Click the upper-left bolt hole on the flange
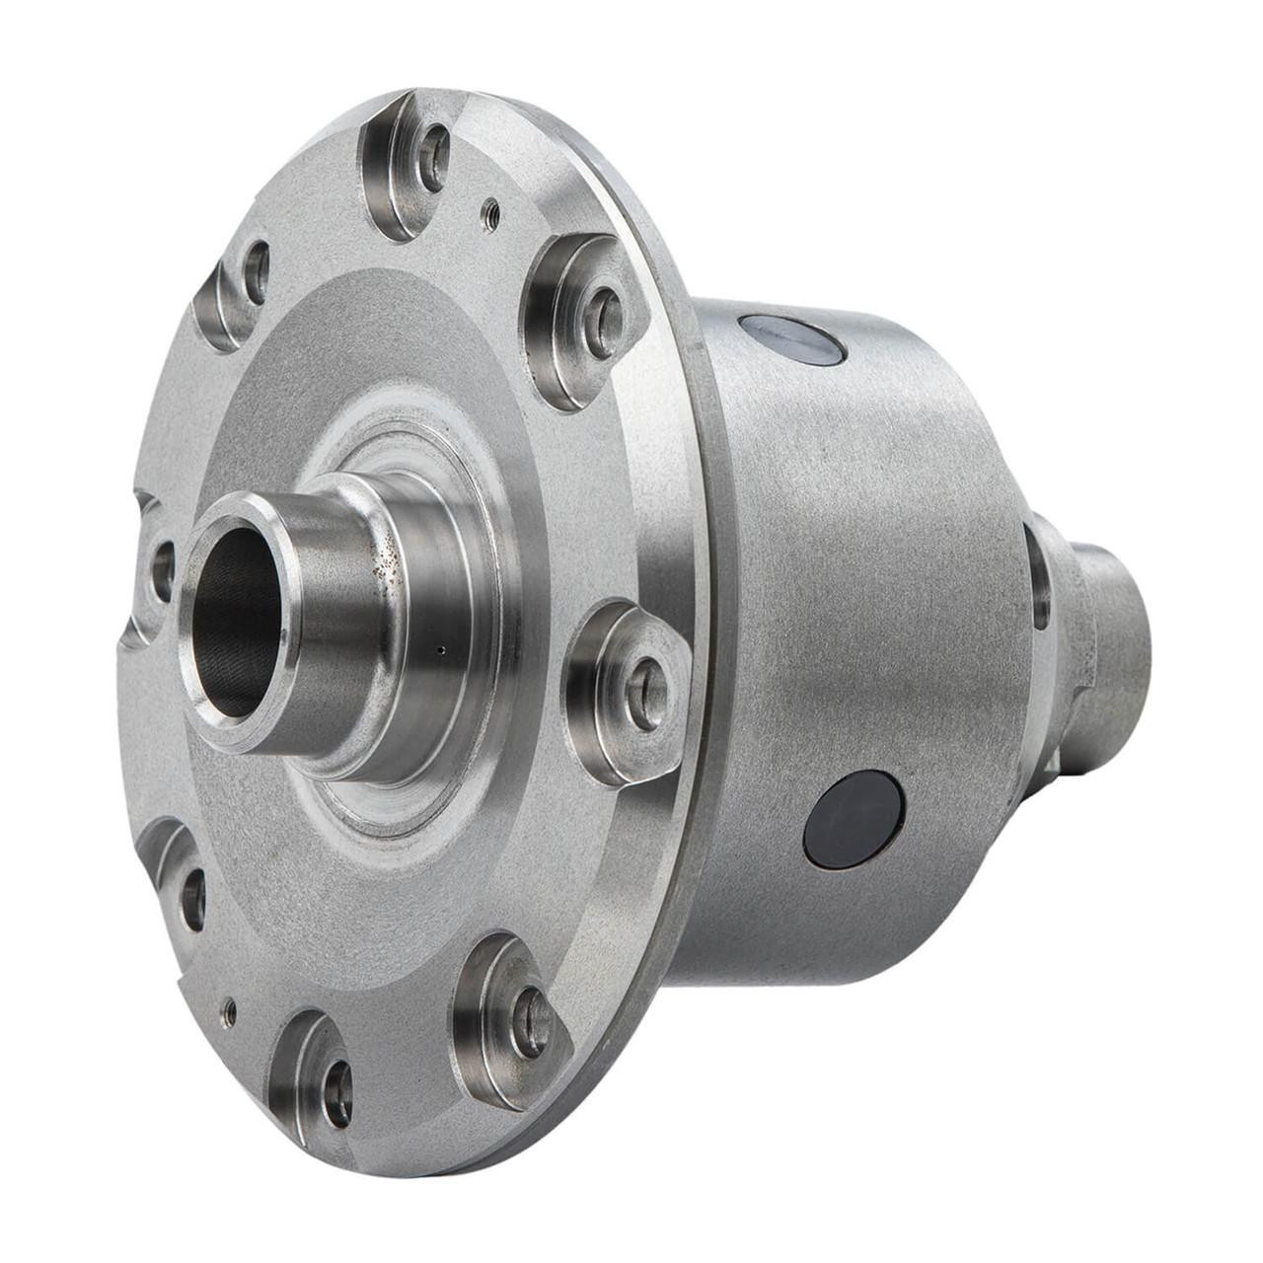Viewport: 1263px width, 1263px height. tap(257, 271)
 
